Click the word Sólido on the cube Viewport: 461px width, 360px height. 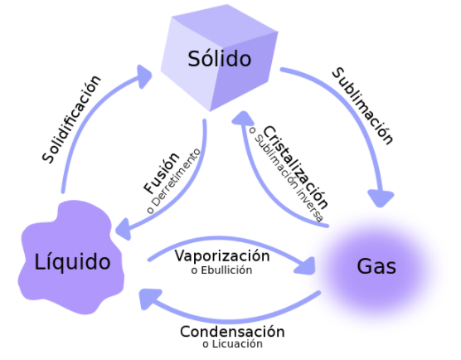(220, 58)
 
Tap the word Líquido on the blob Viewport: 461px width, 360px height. (72, 261)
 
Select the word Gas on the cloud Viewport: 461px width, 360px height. (376, 266)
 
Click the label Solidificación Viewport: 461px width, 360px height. (72, 119)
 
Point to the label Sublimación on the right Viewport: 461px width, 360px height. (363, 106)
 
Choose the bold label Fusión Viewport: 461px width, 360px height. (162, 173)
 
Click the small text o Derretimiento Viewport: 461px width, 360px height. (173, 181)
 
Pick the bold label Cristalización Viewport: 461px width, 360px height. (295, 168)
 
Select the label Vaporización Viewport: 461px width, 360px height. (222, 255)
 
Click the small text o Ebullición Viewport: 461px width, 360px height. (221, 270)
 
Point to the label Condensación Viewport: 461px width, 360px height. (232, 332)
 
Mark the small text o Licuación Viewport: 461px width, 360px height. (232, 343)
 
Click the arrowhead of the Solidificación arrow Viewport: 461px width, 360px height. (144, 75)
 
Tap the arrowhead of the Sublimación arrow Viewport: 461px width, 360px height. (381, 199)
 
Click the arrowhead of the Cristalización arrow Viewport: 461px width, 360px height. (243, 119)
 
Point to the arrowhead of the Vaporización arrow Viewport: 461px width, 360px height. (306, 265)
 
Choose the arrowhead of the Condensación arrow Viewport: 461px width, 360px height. (148, 298)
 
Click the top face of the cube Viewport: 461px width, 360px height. (225, 27)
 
